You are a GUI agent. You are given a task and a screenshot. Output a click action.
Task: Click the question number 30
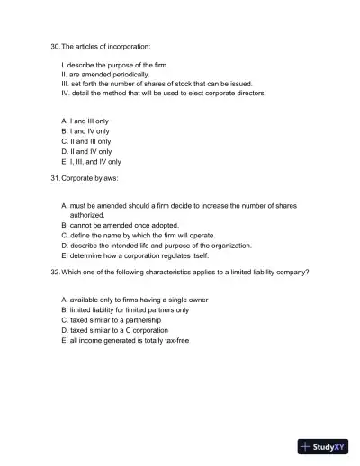tap(55, 46)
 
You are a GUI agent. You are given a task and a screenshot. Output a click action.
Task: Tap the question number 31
tap(55, 178)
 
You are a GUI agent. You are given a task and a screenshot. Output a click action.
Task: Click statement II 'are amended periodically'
tap(104, 75)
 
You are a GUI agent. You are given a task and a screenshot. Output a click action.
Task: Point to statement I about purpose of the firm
tap(114, 65)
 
